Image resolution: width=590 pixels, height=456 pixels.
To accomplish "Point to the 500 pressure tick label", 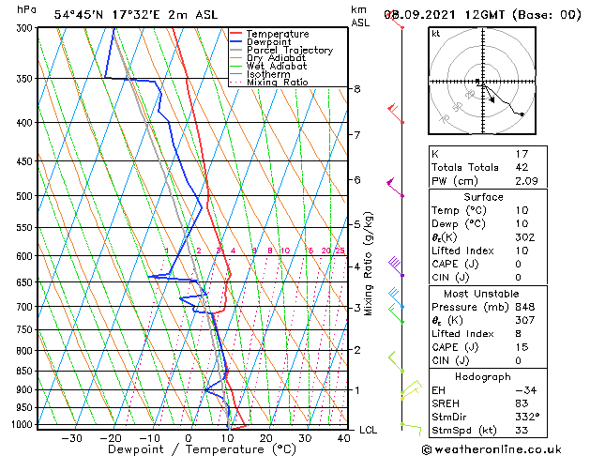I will pyautogui.click(x=23, y=196).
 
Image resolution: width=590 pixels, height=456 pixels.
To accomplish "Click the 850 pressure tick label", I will pyautogui.click(x=23, y=371).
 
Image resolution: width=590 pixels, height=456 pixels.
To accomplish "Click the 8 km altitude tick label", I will pyautogui.click(x=356, y=89).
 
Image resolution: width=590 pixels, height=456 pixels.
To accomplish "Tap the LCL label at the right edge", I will pyautogui.click(x=369, y=430).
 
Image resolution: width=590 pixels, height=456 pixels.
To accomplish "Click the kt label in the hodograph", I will pyautogui.click(x=436, y=33).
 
